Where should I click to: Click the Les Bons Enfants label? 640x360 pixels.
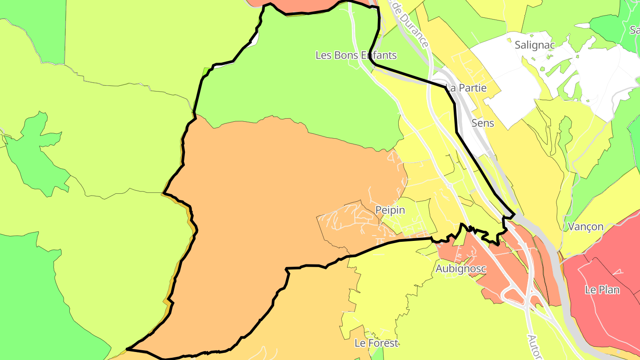click(x=356, y=56)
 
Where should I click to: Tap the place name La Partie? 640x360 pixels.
click(x=466, y=88)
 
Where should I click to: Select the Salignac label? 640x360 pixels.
click(x=534, y=45)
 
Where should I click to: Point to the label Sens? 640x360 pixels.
click(x=483, y=123)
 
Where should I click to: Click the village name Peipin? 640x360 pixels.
click(x=390, y=210)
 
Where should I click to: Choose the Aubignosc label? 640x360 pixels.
click(x=460, y=269)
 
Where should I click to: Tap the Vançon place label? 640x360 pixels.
click(x=586, y=227)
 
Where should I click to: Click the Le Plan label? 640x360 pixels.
click(x=602, y=290)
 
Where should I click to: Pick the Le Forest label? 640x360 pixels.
click(x=376, y=343)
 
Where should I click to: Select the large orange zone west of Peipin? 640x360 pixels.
click(x=267, y=200)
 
